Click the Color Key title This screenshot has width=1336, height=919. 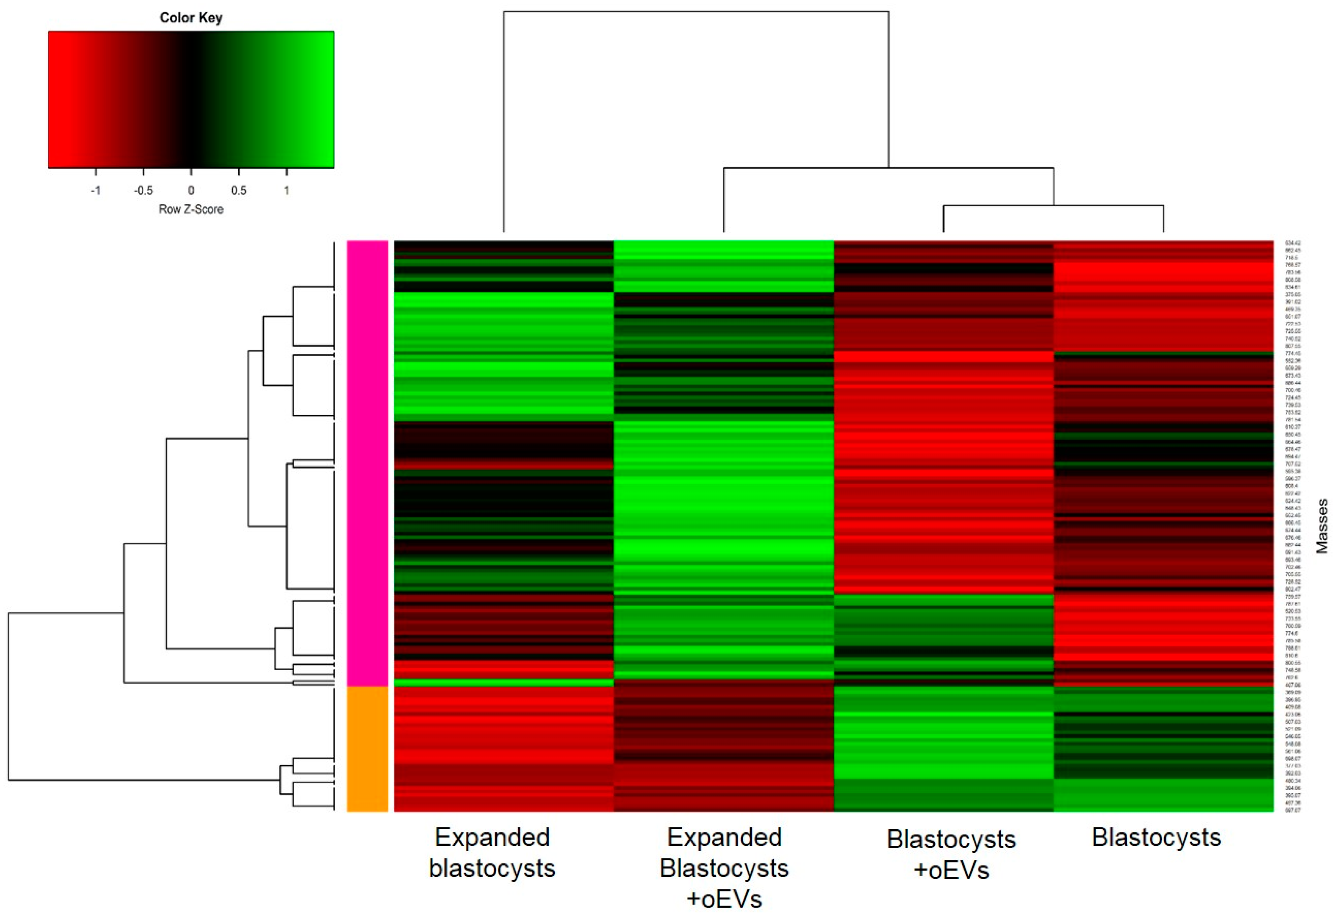coord(191,18)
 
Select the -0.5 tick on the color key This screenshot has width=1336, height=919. coord(143,191)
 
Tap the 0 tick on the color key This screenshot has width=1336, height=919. coord(191,191)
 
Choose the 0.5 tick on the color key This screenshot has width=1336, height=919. coord(239,191)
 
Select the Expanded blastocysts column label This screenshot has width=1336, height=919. coord(492,853)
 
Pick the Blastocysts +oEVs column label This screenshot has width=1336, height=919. coord(951,855)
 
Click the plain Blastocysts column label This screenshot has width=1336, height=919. coord(1156,838)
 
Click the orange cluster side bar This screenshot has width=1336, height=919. coord(367,748)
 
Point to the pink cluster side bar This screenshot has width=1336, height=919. coord(367,461)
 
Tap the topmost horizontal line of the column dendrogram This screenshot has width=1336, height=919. coord(696,12)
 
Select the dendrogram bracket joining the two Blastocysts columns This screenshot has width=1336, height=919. coord(1053,206)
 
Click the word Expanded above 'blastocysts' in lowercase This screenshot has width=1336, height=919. coord(492,838)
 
